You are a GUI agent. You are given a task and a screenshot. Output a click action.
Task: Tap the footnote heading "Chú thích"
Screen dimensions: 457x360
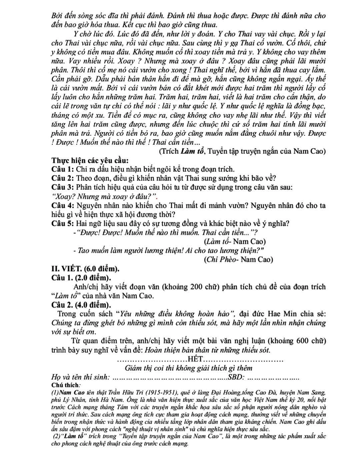click(62, 384)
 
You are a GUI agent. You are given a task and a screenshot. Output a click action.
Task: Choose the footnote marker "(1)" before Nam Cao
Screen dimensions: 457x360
click(54, 391)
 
